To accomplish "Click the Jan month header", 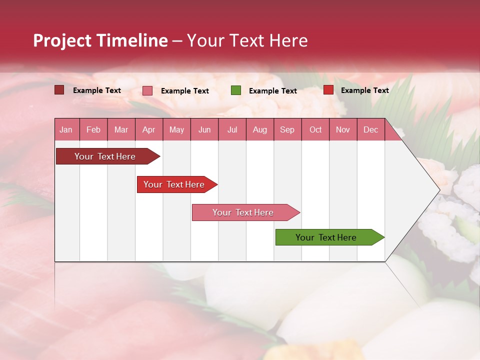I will [66, 129].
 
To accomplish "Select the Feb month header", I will [93, 129].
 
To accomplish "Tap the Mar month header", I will [121, 129].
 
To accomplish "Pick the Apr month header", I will [148, 129].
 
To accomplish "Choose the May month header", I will [176, 129].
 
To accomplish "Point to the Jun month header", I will [204, 129].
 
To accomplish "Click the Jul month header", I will [232, 129].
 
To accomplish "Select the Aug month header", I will [259, 129].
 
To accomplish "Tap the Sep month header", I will [287, 129].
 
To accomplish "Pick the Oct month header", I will [315, 129].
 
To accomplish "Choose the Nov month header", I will [343, 129].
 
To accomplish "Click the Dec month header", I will [370, 129].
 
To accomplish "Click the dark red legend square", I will [59, 90].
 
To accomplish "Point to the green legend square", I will [236, 90].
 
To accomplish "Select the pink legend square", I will [147, 90].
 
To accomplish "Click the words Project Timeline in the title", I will [100, 40].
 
